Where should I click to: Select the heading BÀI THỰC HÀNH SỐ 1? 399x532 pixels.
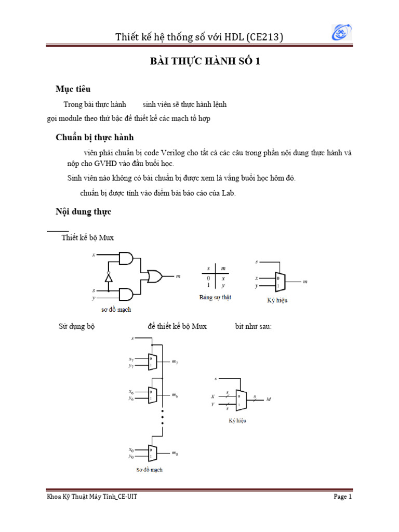pyautogui.click(x=204, y=62)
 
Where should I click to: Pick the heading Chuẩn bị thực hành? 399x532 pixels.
pyautogui.click(x=95, y=137)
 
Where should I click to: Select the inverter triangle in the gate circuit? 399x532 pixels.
pyautogui.click(x=109, y=277)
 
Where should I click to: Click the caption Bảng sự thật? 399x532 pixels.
pyautogui.click(x=215, y=298)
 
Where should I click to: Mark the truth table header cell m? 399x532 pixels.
pyautogui.click(x=223, y=269)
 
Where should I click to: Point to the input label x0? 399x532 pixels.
pyautogui.click(x=131, y=449)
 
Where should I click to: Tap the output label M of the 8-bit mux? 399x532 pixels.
pyautogui.click(x=269, y=400)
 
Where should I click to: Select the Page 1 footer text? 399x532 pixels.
pyautogui.click(x=343, y=497)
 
